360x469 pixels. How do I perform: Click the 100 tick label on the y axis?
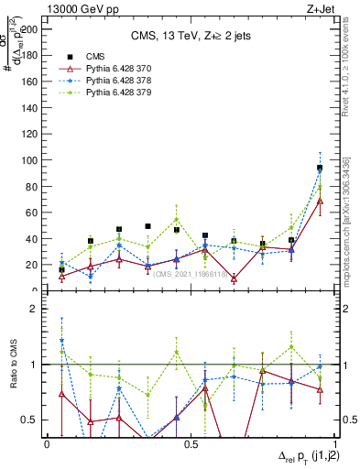pyautogui.click(x=30, y=160)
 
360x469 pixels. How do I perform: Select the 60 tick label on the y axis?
pyautogui.click(x=33, y=213)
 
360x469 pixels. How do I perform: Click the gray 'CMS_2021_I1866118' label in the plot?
pyautogui.click(x=190, y=274)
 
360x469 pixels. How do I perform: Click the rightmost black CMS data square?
pyautogui.click(x=320, y=168)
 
